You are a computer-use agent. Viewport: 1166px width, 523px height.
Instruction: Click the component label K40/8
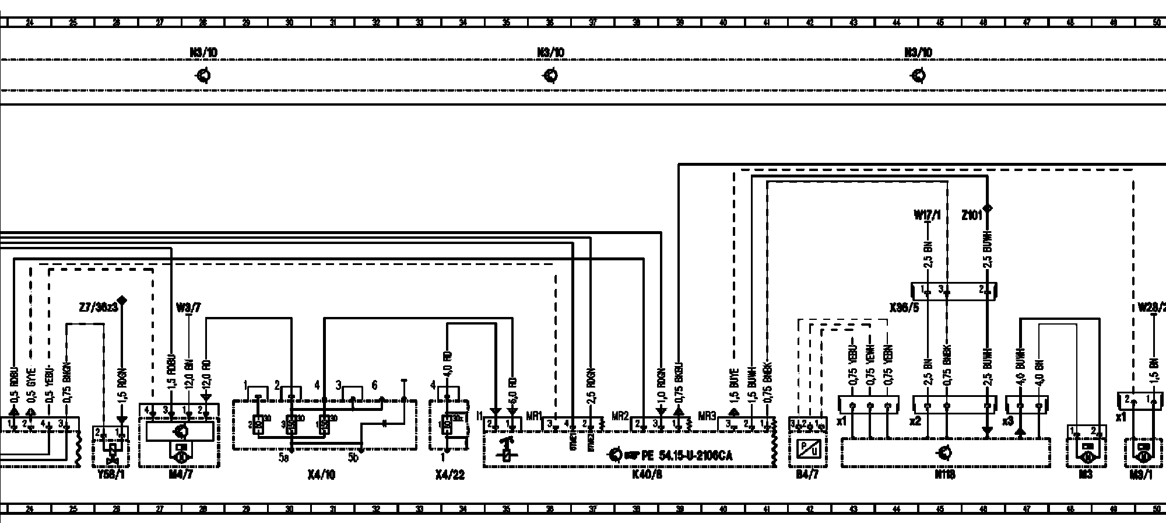pyautogui.click(x=647, y=475)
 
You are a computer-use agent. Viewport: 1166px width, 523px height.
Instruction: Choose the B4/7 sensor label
pyautogui.click(x=807, y=475)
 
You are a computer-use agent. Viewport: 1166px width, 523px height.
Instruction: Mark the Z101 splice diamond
pyautogui.click(x=987, y=208)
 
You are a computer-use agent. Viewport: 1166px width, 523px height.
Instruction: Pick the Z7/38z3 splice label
pyautogui.click(x=98, y=306)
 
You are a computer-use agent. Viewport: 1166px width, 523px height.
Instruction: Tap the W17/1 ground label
pyautogui.click(x=927, y=215)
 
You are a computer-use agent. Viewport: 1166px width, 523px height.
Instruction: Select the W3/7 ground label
pyautogui.click(x=188, y=308)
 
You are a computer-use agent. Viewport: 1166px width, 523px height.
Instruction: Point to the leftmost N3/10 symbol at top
pyautogui.click(x=203, y=76)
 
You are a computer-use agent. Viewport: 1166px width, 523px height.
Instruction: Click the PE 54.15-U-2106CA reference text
pyautogui.click(x=687, y=455)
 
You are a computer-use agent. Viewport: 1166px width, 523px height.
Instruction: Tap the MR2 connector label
pyautogui.click(x=620, y=416)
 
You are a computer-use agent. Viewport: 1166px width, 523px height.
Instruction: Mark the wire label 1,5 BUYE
pyautogui.click(x=734, y=383)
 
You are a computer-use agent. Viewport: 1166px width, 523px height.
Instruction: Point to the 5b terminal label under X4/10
pyautogui.click(x=353, y=458)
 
